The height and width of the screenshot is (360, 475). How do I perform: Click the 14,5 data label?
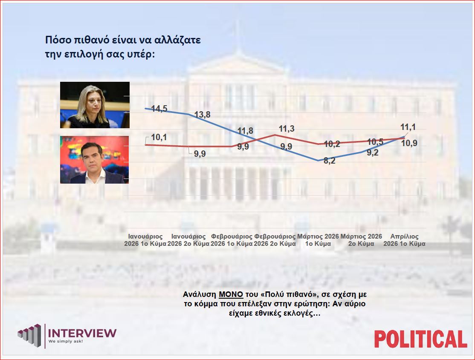click(x=156, y=109)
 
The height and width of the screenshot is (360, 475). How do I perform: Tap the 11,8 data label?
click(x=245, y=131)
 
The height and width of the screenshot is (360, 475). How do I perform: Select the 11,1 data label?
click(x=408, y=127)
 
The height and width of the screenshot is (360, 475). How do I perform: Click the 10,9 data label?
click(x=409, y=143)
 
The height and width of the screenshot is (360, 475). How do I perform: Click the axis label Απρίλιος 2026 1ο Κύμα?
click(x=404, y=240)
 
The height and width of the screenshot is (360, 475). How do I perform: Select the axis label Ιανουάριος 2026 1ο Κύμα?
click(x=145, y=240)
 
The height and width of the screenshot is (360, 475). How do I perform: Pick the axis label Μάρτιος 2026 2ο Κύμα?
click(x=361, y=240)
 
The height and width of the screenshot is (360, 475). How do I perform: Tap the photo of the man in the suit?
click(x=94, y=160)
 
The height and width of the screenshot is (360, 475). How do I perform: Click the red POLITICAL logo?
click(x=420, y=339)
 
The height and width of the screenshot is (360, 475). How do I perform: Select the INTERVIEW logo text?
click(x=83, y=333)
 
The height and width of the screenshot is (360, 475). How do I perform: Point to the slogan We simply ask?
click(x=65, y=342)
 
